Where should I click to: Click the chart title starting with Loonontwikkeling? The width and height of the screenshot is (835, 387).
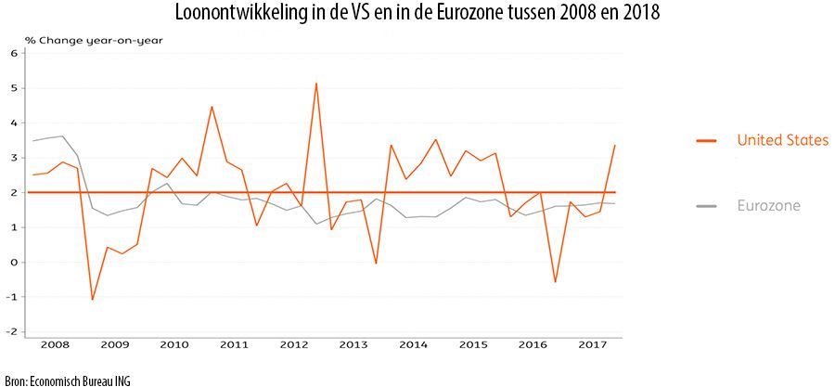[x=417, y=16]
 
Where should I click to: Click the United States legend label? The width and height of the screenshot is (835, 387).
[x=782, y=140]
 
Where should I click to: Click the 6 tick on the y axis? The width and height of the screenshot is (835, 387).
[x=14, y=53]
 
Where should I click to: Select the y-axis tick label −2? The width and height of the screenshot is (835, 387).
[x=12, y=332]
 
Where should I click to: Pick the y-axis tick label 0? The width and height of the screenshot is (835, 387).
[x=14, y=263]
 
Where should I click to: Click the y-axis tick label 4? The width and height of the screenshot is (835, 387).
[x=14, y=123]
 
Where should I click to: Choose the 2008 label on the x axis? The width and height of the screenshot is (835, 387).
[x=55, y=344]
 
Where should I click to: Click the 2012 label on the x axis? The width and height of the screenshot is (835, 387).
[x=294, y=344]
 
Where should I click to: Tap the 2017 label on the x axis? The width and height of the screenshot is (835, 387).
[x=592, y=344]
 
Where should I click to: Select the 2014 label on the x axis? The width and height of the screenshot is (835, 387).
[x=413, y=344]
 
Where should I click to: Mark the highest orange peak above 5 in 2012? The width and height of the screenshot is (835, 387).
[x=316, y=84]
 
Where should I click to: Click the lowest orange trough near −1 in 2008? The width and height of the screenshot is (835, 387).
[x=93, y=300]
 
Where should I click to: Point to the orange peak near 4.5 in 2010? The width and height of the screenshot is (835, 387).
[x=212, y=107]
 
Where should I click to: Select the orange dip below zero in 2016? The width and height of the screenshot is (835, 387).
[x=555, y=282]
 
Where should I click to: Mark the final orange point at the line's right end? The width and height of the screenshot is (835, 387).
[x=614, y=146]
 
